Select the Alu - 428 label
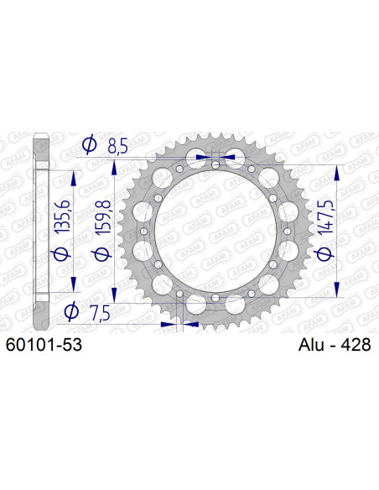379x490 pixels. point(334,344)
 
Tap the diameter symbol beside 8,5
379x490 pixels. point(90,148)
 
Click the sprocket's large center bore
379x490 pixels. point(215,231)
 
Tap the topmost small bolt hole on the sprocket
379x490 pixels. point(215,164)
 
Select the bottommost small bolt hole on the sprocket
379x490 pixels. point(215,297)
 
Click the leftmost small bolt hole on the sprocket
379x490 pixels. point(143,231)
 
